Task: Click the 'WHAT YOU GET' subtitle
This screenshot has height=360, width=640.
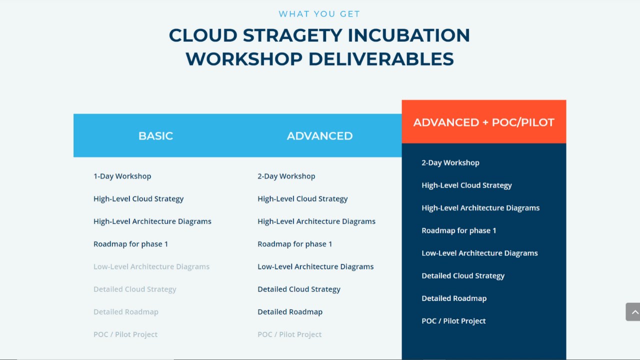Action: (x=319, y=13)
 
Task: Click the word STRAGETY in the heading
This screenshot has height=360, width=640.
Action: (x=292, y=35)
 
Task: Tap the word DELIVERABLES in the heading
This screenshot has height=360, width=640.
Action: (x=381, y=59)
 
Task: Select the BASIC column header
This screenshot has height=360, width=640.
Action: (x=155, y=135)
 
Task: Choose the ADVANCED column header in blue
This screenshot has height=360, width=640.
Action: (x=319, y=135)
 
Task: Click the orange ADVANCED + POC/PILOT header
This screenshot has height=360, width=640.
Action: (x=483, y=122)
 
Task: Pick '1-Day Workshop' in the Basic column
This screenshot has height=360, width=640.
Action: (x=122, y=176)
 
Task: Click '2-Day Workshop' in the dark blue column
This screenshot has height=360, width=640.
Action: (x=450, y=163)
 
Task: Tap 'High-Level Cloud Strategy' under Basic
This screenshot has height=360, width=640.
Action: (x=138, y=199)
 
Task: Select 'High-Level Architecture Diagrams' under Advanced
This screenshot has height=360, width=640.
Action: (x=316, y=221)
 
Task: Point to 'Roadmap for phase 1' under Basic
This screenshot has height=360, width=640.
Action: (x=131, y=244)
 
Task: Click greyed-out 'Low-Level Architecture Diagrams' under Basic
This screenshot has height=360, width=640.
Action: (x=151, y=266)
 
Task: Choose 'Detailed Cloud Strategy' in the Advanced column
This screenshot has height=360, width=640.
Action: (x=299, y=289)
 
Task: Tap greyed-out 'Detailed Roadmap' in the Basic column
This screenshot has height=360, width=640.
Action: (x=126, y=311)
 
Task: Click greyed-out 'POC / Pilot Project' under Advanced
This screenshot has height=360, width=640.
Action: (x=289, y=334)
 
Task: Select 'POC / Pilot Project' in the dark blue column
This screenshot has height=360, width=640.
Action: (x=453, y=321)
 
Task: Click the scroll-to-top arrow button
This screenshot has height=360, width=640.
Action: (x=633, y=312)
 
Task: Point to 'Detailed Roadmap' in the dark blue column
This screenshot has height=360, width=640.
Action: (x=454, y=298)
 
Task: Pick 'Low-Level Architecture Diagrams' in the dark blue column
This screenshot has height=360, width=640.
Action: (x=479, y=253)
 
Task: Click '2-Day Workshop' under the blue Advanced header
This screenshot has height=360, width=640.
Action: (x=286, y=176)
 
